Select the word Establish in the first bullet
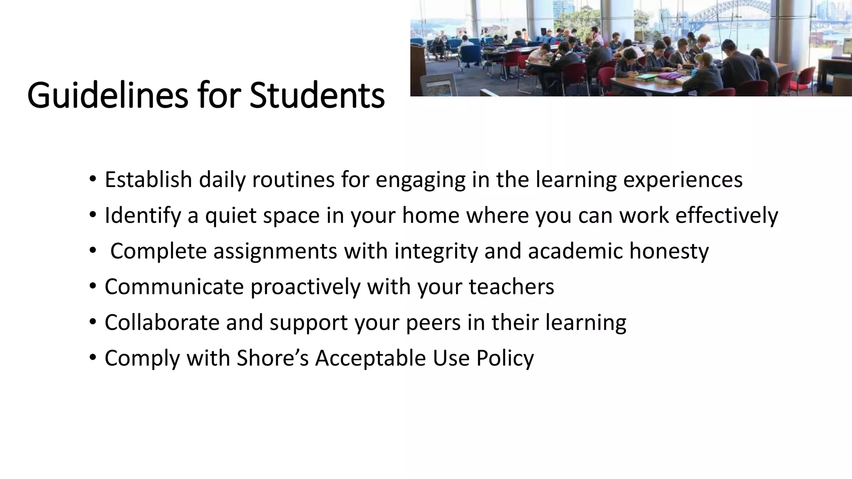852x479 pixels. pyautogui.click(x=148, y=180)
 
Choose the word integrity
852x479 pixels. pyautogui.click(x=436, y=251)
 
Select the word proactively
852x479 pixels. pyautogui.click(x=305, y=287)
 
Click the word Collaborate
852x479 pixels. pyautogui.click(x=162, y=323)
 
